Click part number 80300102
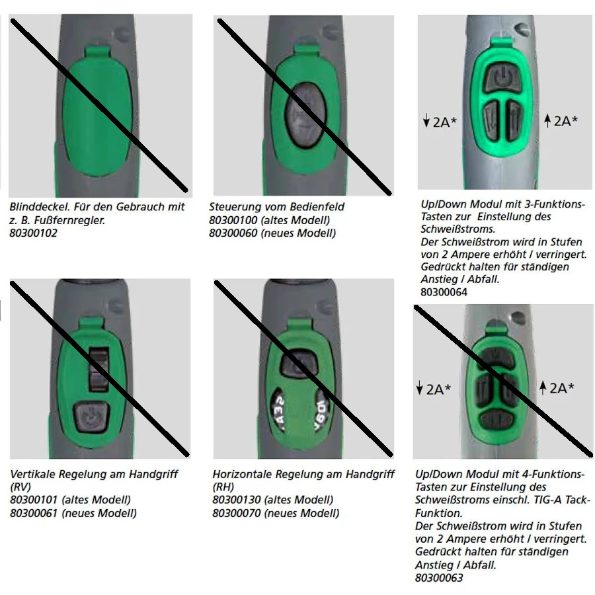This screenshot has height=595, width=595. pos(34,233)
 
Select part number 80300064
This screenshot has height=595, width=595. pos(444,292)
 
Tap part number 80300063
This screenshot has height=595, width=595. pos(439,578)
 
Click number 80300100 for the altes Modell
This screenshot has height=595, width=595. pos(233,220)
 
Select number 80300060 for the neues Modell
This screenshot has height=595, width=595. pos(233,233)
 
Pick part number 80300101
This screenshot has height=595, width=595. pos(34,500)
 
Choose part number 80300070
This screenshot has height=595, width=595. pos(237,514)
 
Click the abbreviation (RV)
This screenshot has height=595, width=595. pos(20,487)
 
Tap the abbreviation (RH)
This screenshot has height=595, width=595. pos(223,487)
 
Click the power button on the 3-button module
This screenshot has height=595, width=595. pos(502,78)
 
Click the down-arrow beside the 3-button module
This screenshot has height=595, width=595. pos(426,120)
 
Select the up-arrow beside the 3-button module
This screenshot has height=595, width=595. pos(547,121)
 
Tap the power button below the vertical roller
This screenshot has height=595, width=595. pos(91,417)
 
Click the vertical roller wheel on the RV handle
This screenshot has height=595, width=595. pos(99,369)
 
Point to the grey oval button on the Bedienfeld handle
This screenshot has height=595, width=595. pos(305,115)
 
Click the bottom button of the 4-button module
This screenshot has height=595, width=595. pos(497,420)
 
